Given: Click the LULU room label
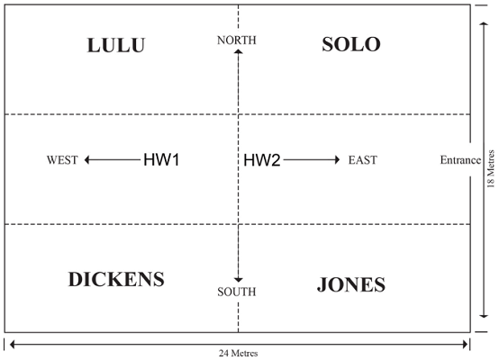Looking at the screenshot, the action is click(x=116, y=45).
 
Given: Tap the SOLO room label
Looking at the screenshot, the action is click(x=351, y=44).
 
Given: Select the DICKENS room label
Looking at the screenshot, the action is click(x=116, y=279).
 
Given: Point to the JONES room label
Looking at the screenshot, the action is click(x=351, y=284).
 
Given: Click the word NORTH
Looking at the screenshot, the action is click(x=237, y=40).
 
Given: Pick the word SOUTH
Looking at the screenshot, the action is click(x=237, y=292).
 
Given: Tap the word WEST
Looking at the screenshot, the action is click(x=62, y=160).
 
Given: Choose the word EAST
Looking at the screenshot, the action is click(x=362, y=160).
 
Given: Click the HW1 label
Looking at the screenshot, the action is click(x=161, y=159).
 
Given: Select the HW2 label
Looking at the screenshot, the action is click(x=262, y=160).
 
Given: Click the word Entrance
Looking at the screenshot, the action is click(x=460, y=160).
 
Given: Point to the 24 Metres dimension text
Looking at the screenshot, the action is click(x=238, y=354).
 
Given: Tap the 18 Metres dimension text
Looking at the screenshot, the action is click(x=491, y=169).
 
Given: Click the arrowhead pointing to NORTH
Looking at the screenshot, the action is click(x=238, y=51).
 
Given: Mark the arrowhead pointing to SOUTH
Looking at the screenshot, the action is click(x=238, y=280).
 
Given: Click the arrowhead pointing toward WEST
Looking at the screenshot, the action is click(x=86, y=159).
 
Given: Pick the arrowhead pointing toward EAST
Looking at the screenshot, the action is click(x=338, y=159).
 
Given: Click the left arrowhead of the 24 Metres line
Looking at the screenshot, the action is click(x=13, y=344).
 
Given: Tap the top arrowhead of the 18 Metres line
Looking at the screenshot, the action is click(x=484, y=24).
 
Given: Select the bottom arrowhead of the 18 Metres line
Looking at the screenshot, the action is click(x=484, y=316).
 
